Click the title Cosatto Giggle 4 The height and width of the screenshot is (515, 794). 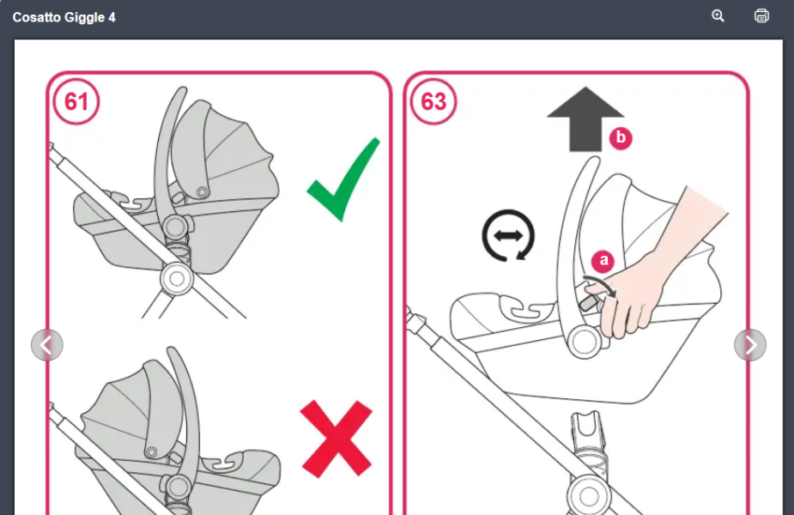pos(64,17)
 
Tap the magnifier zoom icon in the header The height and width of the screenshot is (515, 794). pos(718,15)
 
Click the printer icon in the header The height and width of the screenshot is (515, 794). pos(761,15)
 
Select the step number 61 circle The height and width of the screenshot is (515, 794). pos(76,102)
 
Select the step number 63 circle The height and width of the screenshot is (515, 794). pos(433,102)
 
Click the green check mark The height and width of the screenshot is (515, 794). pos(343,179)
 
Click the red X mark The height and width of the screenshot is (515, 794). pos(336,439)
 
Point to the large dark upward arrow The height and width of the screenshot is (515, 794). pos(585,119)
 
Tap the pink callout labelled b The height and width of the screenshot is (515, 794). pos(621,138)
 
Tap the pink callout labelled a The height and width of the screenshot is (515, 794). pos(603,261)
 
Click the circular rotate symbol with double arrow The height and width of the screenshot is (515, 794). pos(508,235)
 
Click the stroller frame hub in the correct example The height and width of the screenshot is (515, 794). pos(177,278)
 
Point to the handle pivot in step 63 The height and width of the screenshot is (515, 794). pos(584,342)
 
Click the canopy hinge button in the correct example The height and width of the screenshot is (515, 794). pos(203,192)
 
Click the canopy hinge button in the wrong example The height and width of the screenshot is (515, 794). pos(151,452)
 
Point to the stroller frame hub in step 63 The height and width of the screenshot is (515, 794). pos(589,495)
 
